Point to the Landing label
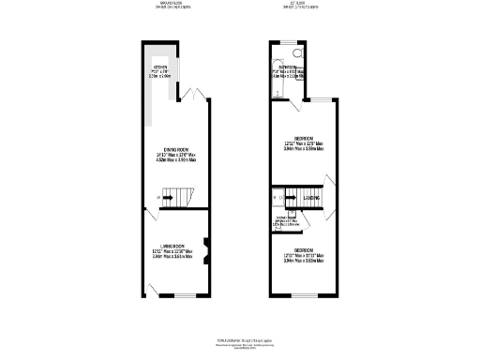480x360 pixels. (312, 198)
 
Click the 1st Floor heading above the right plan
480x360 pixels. (298, 4)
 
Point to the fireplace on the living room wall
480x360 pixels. (207, 250)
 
